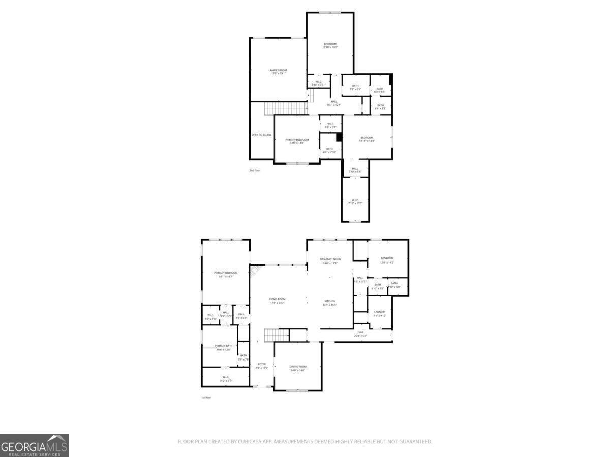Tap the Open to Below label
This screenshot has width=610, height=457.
(x=262, y=135)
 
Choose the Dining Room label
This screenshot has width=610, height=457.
(x=298, y=368)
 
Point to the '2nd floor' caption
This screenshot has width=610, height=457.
(x=255, y=170)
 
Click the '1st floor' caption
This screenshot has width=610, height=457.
(x=206, y=397)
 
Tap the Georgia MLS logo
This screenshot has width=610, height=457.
(x=34, y=445)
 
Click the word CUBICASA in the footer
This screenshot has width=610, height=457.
(x=249, y=442)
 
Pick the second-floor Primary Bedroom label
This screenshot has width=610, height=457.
(x=297, y=141)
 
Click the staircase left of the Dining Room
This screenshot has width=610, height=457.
(x=277, y=335)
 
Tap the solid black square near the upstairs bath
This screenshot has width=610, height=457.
(x=339, y=137)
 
